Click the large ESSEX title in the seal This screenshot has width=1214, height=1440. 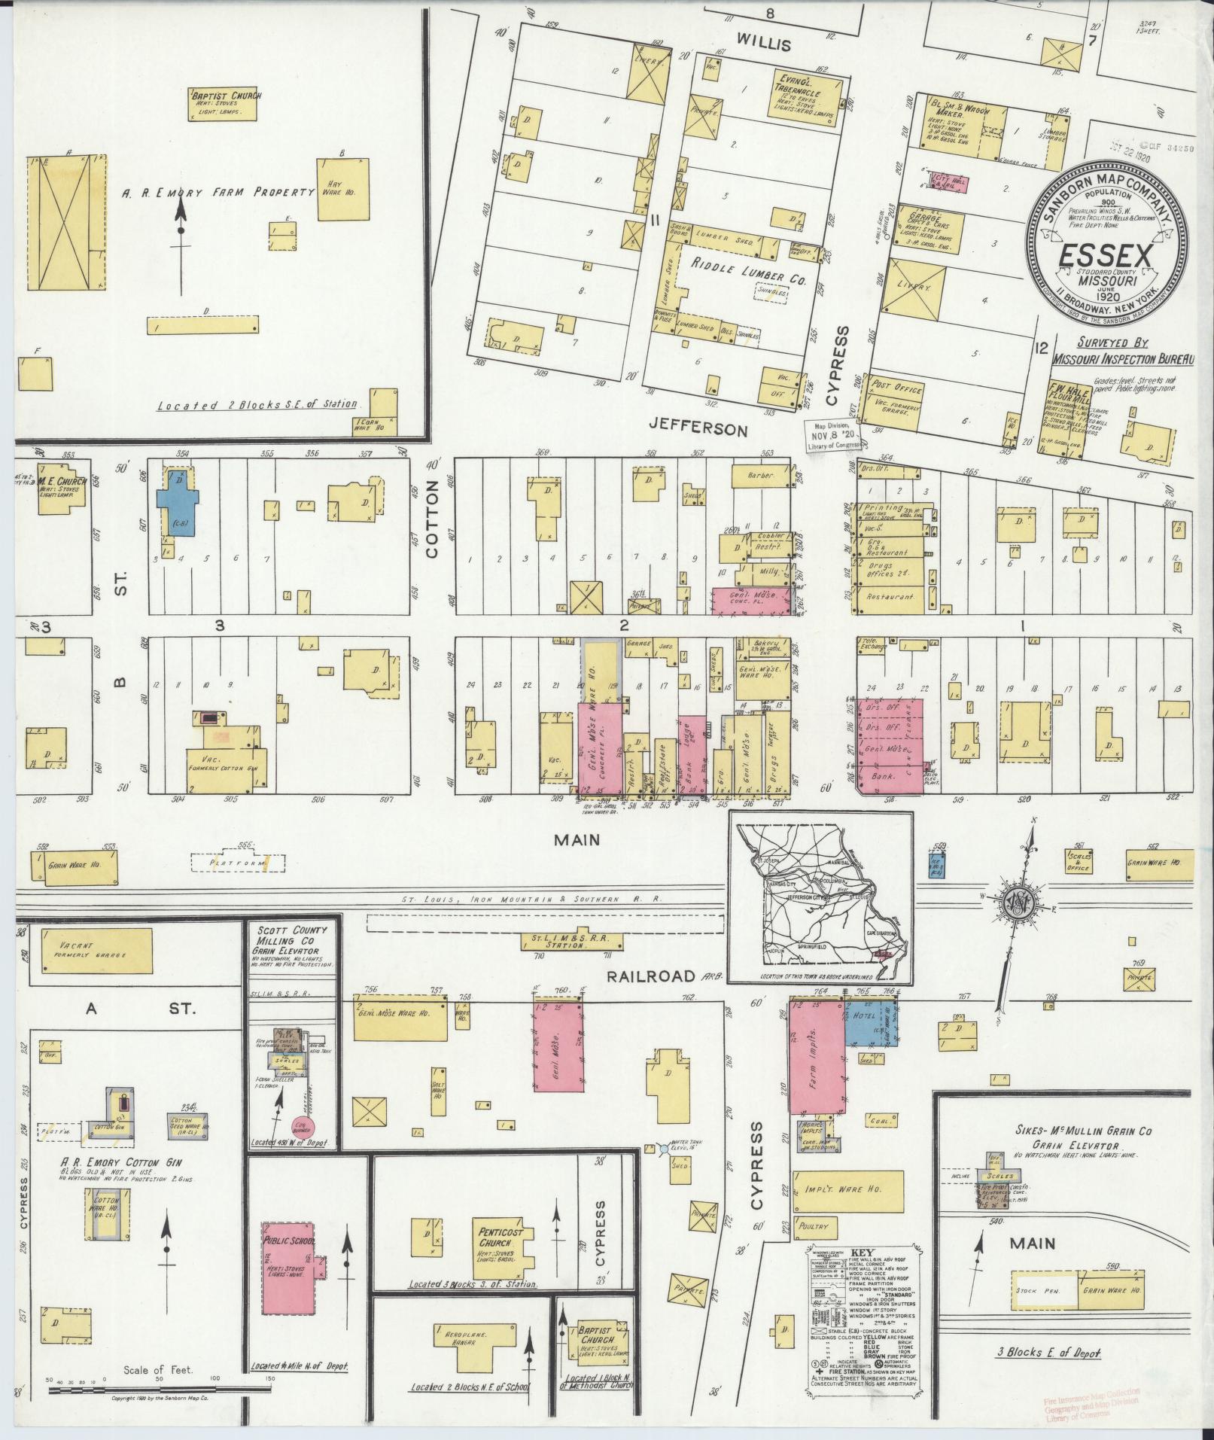(x=1106, y=257)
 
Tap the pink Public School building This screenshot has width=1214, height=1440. (x=288, y=1274)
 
